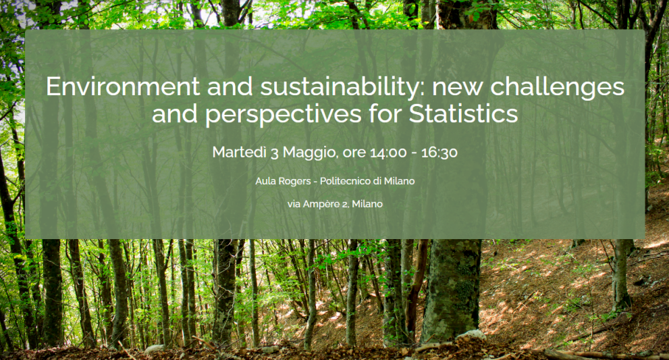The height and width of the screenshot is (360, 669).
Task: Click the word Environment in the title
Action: [123, 86]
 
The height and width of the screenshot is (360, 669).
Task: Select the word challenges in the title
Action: [557, 88]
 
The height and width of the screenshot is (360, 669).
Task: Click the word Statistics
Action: [463, 113]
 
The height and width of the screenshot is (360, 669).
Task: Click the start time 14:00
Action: [388, 153]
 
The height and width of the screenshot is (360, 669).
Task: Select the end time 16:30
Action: [439, 153]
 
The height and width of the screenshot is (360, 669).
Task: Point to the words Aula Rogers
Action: [283, 181]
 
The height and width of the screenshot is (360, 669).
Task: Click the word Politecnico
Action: [345, 181]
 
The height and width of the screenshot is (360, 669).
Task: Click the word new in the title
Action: [458, 87]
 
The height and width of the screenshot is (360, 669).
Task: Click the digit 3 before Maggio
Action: [275, 153]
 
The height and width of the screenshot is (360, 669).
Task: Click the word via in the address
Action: [294, 205]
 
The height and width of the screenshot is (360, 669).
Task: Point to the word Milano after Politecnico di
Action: [400, 181]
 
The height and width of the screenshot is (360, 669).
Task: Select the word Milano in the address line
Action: [367, 205]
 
